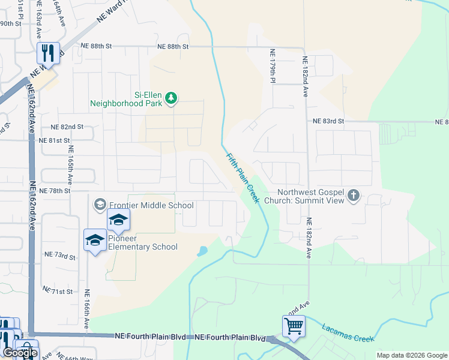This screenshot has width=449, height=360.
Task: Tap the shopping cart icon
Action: pos(294,326)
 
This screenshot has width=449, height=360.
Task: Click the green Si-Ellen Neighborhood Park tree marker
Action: pos(171,97)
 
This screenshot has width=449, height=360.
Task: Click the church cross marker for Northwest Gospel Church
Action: pos(354,195)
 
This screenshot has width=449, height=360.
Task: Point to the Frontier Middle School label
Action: pos(151,205)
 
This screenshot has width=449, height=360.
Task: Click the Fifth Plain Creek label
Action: pos(243,177)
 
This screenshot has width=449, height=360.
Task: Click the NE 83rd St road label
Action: pos(328,121)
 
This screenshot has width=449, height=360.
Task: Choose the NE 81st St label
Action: pos(55,140)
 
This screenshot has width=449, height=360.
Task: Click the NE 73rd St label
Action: pos(61,257)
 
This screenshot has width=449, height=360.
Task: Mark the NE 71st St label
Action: pos(58,291)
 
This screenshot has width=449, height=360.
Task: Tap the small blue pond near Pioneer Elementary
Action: pos(202,251)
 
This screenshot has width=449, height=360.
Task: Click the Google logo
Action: pos(19,353)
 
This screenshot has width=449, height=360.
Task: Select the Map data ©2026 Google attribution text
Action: pos(411,355)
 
